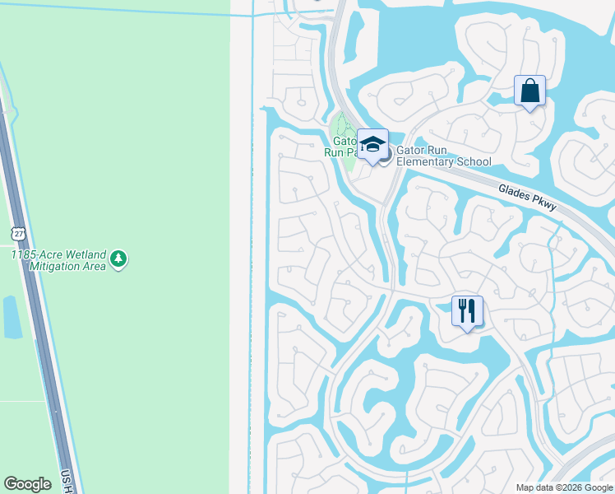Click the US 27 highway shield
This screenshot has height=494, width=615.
[18, 234]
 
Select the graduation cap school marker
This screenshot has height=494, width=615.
[372, 146]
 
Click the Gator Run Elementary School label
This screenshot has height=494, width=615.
[443, 156]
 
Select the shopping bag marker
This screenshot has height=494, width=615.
[529, 91]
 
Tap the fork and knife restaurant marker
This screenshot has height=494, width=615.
[467, 311]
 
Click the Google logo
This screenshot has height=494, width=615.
[27, 484]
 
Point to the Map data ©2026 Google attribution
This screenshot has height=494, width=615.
[564, 487]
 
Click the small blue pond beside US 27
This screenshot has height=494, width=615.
[12, 317]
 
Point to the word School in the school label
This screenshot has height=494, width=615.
[473, 162]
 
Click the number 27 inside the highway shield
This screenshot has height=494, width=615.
[18, 235]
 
